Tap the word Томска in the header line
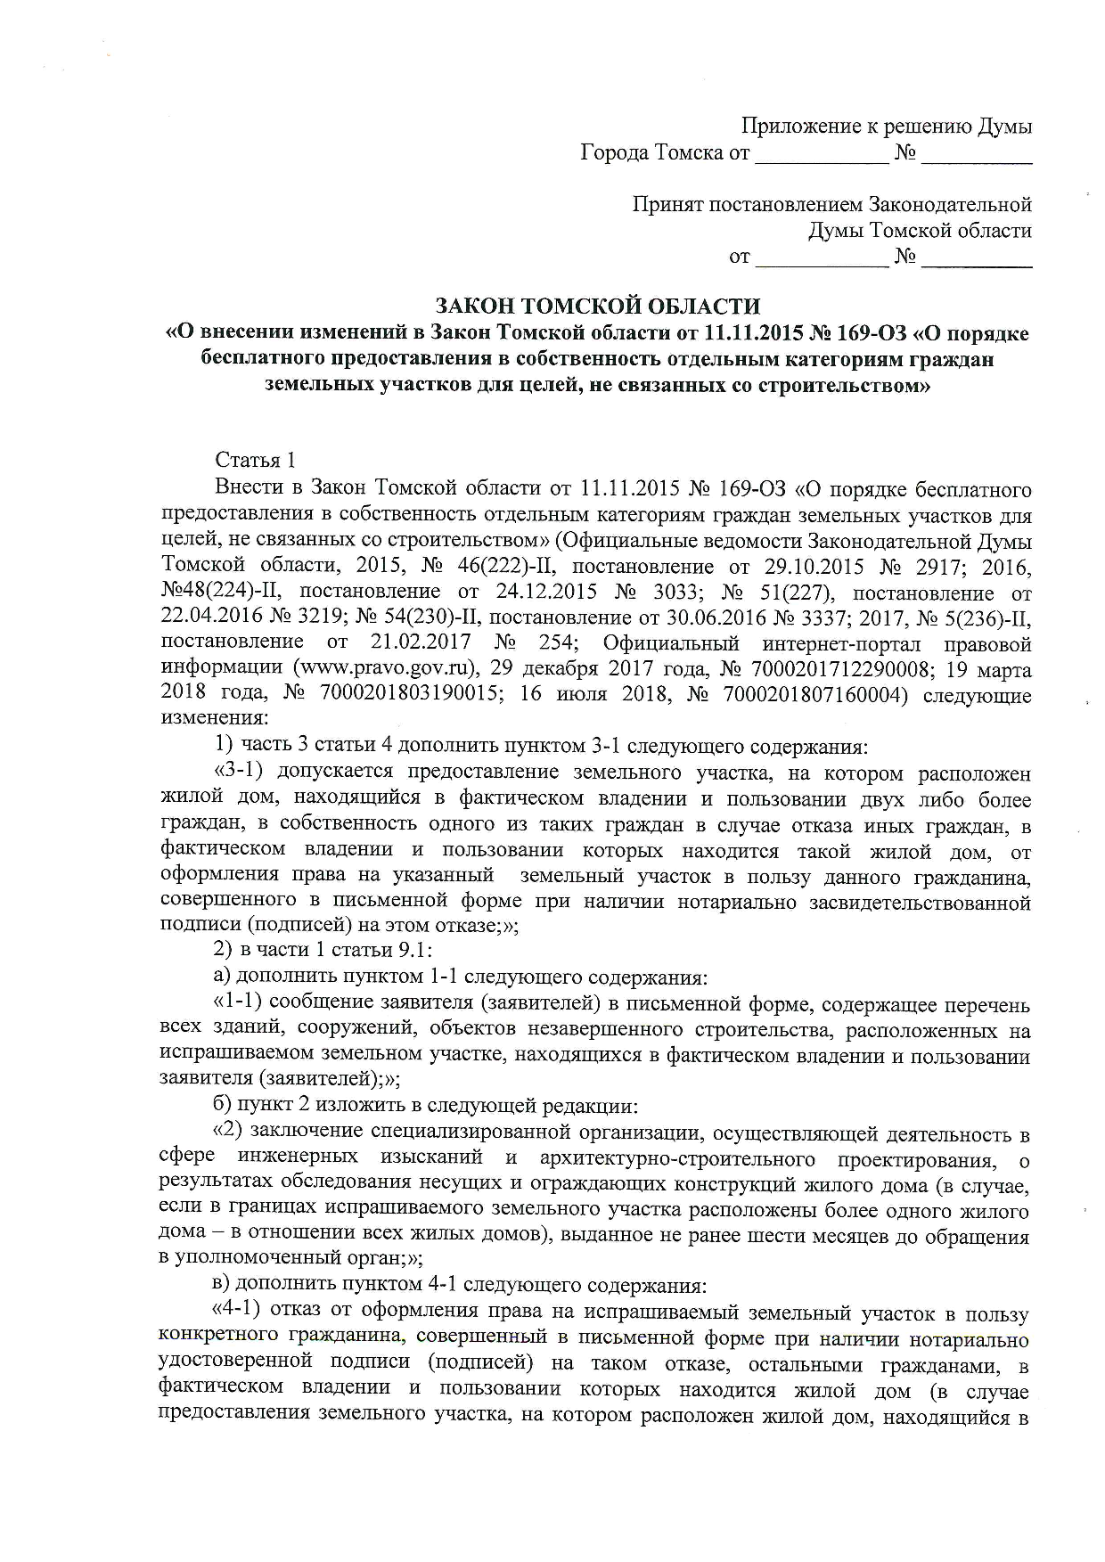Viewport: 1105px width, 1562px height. click(x=688, y=152)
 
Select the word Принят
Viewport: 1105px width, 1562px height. click(x=668, y=205)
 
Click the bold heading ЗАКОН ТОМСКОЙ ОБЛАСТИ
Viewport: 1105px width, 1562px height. click(x=597, y=307)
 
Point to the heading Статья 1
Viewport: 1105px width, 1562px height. click(x=255, y=461)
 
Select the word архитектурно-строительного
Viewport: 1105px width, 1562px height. click(x=677, y=1158)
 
